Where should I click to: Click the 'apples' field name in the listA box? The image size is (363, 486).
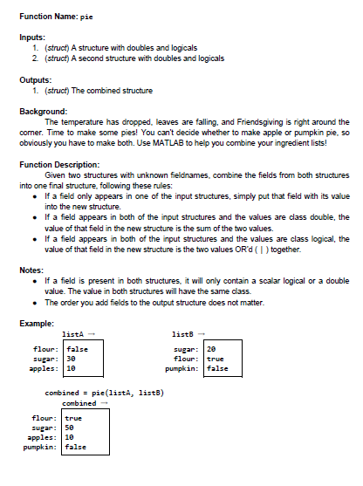[44, 368]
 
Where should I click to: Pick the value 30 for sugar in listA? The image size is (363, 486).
[72, 358]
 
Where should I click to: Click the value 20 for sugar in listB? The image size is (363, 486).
[210, 348]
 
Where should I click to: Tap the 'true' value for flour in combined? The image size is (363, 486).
[74, 418]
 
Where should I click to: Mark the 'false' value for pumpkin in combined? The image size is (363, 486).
[76, 447]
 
